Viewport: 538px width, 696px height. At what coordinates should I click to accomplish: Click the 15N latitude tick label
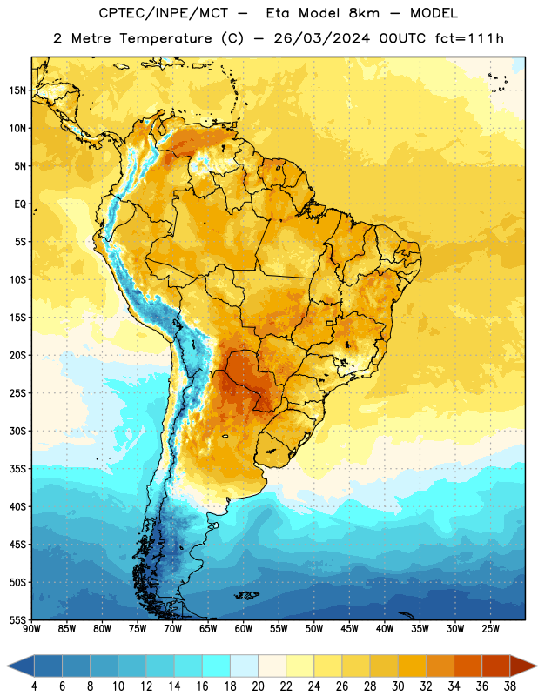pos(17,90)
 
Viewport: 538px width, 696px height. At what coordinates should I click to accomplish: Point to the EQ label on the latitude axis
pos(20,204)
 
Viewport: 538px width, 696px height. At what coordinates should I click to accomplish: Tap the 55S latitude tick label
pos(17,619)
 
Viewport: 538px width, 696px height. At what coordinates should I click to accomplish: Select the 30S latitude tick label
pos(17,431)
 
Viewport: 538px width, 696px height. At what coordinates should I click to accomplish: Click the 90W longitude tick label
pos(31,629)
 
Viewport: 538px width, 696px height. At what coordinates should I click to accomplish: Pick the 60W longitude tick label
pos(244,629)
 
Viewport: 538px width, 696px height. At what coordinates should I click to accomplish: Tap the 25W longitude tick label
pos(490,629)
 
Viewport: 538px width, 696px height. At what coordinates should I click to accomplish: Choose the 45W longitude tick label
pos(349,629)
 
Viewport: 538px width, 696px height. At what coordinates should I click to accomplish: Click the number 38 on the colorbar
pos(510,686)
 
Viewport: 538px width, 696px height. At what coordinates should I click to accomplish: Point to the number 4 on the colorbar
pos(34,686)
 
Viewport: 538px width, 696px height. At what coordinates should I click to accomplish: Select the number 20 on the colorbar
pos(258,686)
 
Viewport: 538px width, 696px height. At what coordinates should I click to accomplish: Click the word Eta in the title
pos(278,13)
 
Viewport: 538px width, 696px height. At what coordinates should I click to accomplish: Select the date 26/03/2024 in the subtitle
pos(321,38)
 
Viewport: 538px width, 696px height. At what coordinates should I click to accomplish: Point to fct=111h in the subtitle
pos(469,38)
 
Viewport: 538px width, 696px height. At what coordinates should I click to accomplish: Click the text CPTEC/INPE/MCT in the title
pos(163,14)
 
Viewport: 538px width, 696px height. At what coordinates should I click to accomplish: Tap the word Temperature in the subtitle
pos(165,39)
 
